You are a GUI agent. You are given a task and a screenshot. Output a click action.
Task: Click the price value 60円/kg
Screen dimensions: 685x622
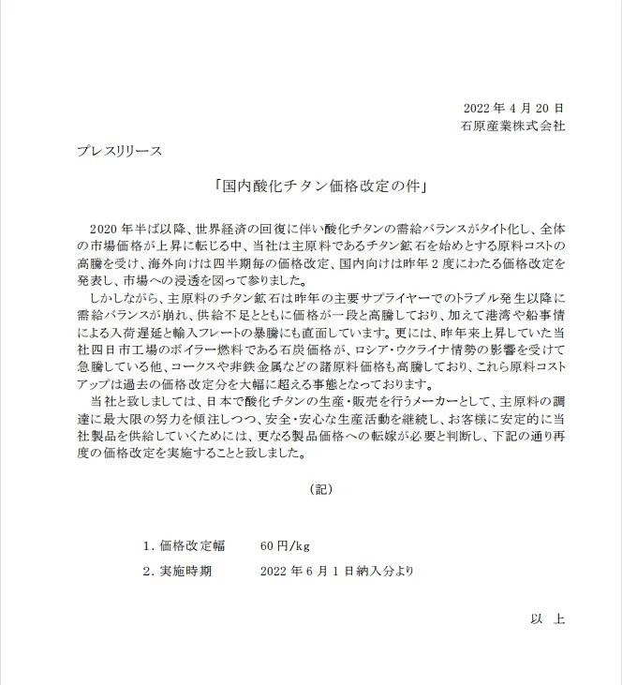click(285, 545)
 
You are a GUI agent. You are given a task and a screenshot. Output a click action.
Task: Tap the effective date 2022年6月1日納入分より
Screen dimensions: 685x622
click(336, 569)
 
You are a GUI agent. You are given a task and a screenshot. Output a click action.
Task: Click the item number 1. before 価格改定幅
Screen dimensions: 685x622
click(148, 545)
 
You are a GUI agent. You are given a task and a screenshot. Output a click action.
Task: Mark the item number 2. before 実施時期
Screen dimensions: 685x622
click(148, 569)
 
